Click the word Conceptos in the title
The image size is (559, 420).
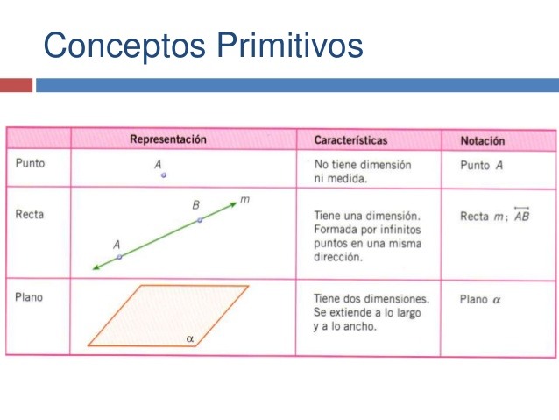(x=124, y=46)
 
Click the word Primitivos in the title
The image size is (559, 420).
(x=290, y=45)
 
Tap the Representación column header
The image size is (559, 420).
(x=168, y=139)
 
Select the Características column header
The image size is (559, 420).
(x=350, y=140)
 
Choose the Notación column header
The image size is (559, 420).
(x=483, y=141)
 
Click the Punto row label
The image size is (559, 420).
(x=31, y=163)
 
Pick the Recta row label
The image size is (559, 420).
(x=30, y=215)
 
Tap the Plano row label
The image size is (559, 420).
(x=29, y=297)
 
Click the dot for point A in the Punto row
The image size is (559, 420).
(x=164, y=175)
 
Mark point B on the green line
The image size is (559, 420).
(x=200, y=220)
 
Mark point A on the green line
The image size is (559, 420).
(x=119, y=257)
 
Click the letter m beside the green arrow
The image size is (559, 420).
(x=244, y=199)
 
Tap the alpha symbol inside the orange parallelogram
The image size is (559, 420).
(x=189, y=339)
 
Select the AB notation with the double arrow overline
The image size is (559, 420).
(x=522, y=214)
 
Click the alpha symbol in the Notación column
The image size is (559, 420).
(x=497, y=300)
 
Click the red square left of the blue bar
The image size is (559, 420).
(x=16, y=85)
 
